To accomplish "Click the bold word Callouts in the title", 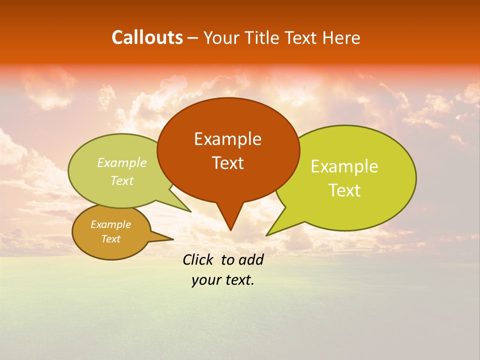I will [x=147, y=37].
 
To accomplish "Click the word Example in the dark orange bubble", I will [x=227, y=139].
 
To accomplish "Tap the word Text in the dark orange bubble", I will [x=227, y=163].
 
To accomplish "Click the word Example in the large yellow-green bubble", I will [x=344, y=166].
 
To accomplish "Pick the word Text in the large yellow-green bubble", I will [x=344, y=190].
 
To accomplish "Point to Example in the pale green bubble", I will [x=122, y=163].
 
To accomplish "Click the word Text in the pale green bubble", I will [x=122, y=181].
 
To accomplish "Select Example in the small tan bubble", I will [x=110, y=224].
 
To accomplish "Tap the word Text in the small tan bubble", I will [x=110, y=239].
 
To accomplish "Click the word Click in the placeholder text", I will [x=199, y=259].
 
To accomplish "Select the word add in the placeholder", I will [x=251, y=259].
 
